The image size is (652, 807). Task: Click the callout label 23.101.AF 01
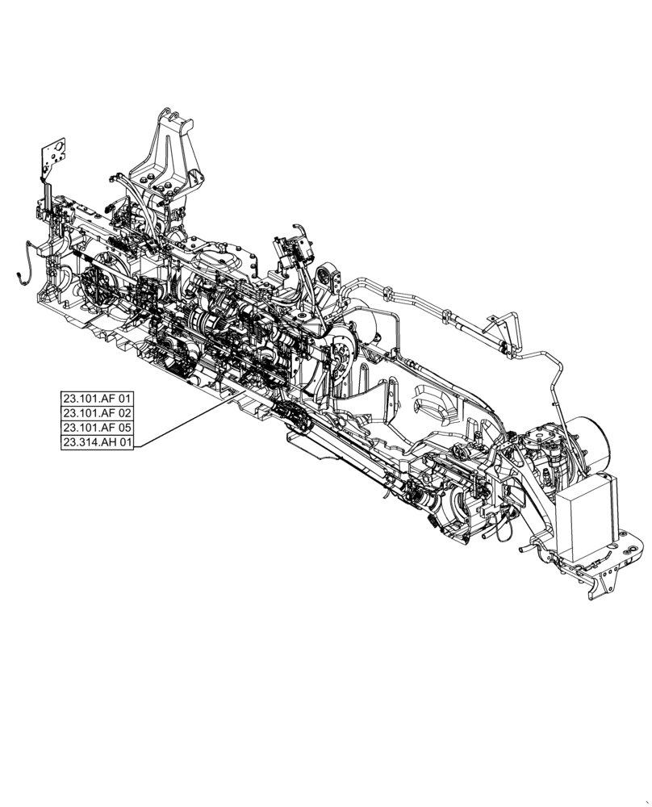pos(101,399)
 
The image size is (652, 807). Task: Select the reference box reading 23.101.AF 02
pos(101,413)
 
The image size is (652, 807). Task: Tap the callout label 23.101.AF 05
pos(101,428)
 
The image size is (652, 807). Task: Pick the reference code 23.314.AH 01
pos(101,442)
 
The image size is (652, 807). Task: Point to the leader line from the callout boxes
pos(186,424)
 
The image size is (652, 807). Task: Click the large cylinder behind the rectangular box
pos(594,441)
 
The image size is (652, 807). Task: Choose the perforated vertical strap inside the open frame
pos(391,399)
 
